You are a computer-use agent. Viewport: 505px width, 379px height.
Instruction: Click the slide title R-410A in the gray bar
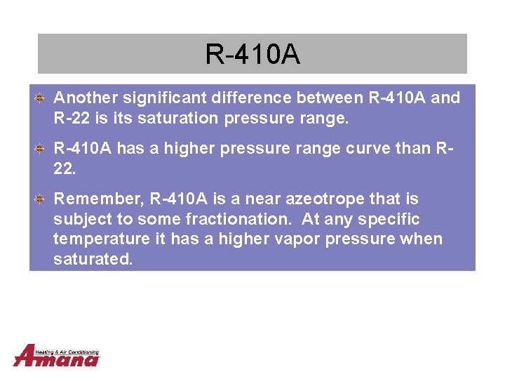(252, 54)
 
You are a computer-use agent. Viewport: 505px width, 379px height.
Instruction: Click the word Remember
(98, 199)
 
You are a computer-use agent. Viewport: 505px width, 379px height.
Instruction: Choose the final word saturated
(93, 260)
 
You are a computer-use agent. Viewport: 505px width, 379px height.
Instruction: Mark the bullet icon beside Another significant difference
(41, 98)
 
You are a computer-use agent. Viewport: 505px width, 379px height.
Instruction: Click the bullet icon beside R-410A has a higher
(41, 149)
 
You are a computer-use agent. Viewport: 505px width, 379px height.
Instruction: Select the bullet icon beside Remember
(41, 199)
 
